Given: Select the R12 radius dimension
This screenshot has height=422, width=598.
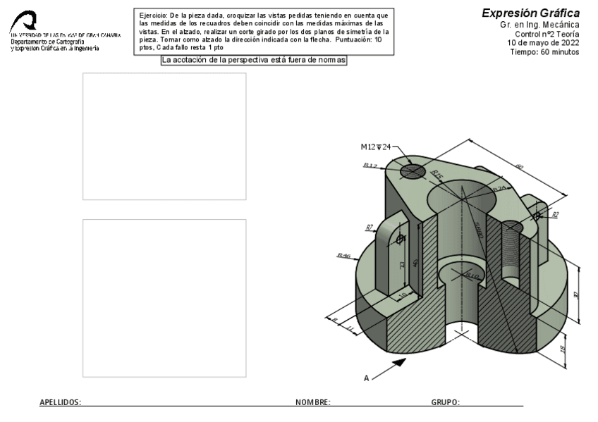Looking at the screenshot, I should point(370,166).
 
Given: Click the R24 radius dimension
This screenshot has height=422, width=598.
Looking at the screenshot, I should point(499,189).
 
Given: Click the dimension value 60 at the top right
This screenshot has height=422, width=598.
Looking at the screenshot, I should point(519,167).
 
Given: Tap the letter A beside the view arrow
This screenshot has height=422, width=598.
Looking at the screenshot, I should point(366,378).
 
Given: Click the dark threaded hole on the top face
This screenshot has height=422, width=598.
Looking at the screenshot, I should point(413,170).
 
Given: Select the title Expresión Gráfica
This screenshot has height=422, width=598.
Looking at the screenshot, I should point(530,13).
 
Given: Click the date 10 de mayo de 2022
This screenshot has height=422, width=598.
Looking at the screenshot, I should point(543,43).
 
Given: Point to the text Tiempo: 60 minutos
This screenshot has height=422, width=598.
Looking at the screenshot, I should point(544,51).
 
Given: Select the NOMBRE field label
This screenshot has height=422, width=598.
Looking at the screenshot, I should point(312,402).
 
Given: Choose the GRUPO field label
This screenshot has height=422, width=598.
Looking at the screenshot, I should point(445,402).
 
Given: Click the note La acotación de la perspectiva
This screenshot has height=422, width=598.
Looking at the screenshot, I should point(254,61).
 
